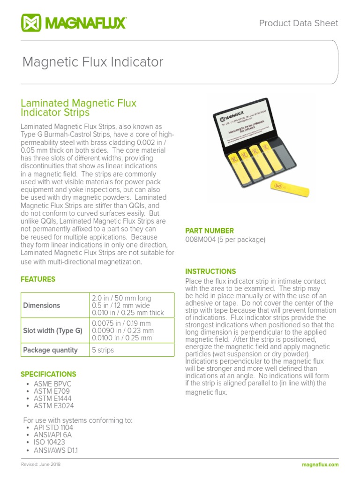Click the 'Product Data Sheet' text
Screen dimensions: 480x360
tap(299, 23)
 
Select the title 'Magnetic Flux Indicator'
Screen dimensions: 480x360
tap(93, 62)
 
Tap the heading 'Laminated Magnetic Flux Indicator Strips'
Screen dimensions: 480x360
tap(79, 108)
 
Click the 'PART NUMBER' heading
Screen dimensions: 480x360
tap(210, 231)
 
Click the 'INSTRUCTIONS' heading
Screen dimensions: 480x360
tap(210, 271)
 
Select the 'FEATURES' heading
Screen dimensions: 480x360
tap(38, 279)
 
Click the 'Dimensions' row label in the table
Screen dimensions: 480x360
tap(42, 305)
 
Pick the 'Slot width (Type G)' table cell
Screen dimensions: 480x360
tap(52, 330)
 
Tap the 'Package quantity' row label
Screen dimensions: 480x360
tap(50, 350)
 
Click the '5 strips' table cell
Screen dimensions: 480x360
tap(103, 350)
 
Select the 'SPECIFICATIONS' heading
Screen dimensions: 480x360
tap(48, 374)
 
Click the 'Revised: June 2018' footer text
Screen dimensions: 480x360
tap(41, 465)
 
